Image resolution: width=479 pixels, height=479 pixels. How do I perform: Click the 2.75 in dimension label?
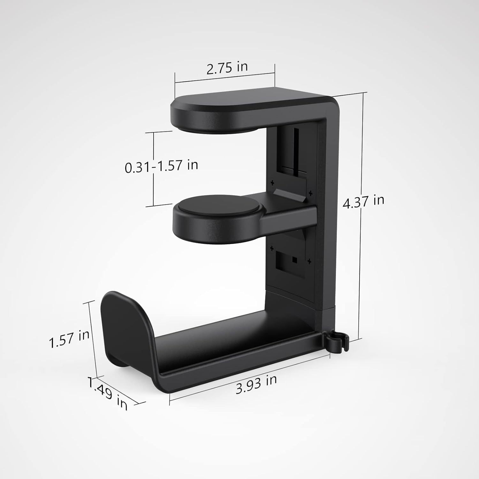coord(227,67)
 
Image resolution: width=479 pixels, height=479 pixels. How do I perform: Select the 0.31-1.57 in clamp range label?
coord(161,166)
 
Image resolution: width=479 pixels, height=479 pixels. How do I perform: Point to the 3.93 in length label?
coord(256,384)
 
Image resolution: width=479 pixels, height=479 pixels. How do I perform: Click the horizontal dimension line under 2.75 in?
coord(224,78)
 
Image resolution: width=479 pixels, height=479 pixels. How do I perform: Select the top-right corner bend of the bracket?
coord(329,104)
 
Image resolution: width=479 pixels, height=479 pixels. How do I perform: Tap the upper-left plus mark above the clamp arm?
coord(272,183)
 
